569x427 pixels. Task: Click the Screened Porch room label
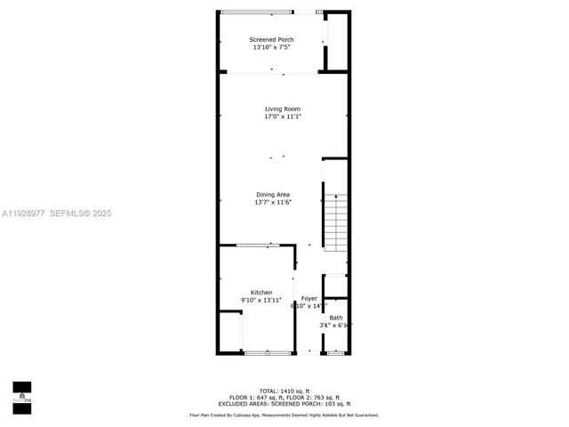pyautogui.click(x=271, y=39)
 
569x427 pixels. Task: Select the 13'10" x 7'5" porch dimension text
pyautogui.click(x=271, y=47)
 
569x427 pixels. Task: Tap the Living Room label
pyautogui.click(x=282, y=109)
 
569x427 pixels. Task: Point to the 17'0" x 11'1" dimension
pyautogui.click(x=282, y=117)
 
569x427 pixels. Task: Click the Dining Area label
pyautogui.click(x=272, y=195)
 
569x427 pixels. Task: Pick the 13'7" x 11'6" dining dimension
pyautogui.click(x=272, y=202)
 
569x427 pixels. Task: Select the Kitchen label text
pyautogui.click(x=261, y=293)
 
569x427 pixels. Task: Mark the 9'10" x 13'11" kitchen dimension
pyautogui.click(x=261, y=301)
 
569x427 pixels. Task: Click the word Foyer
pyautogui.click(x=309, y=298)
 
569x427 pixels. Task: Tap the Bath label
pyautogui.click(x=336, y=318)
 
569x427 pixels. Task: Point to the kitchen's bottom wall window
pyautogui.click(x=267, y=353)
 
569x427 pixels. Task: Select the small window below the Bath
pyautogui.click(x=335, y=353)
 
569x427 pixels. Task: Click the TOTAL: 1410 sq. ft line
pyautogui.click(x=284, y=391)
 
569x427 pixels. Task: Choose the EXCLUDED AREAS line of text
pyautogui.click(x=284, y=404)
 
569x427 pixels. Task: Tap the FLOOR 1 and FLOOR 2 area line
pyautogui.click(x=284, y=398)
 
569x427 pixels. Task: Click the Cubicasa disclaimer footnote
pyautogui.click(x=284, y=415)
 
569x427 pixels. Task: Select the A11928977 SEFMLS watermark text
pyautogui.click(x=57, y=213)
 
